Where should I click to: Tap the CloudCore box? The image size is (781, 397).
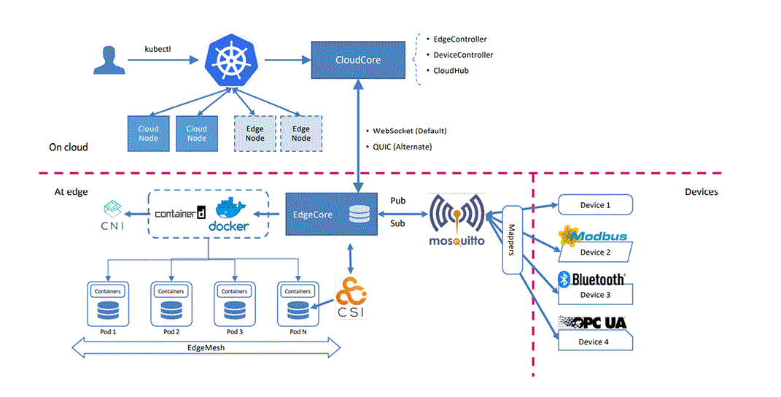(358, 60)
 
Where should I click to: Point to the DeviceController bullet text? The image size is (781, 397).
(463, 55)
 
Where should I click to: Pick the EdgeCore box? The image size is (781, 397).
(327, 215)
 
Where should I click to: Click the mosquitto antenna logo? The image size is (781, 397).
(457, 214)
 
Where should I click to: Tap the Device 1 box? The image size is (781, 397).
(594, 205)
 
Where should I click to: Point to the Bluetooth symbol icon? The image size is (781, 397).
(564, 278)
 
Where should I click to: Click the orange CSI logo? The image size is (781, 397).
(350, 297)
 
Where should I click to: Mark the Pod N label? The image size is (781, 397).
(298, 332)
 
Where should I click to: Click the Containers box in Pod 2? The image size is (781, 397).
(171, 291)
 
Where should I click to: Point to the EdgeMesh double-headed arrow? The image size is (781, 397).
(208, 349)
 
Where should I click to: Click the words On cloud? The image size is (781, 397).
(69, 147)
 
